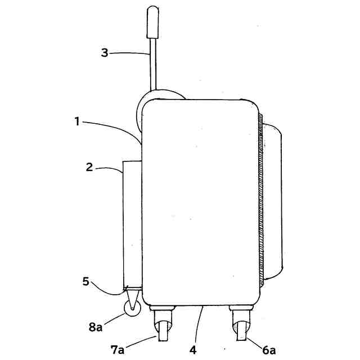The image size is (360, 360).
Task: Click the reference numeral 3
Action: [104, 53]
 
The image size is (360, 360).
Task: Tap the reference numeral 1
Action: [77, 120]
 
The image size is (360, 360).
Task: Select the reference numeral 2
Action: [89, 166]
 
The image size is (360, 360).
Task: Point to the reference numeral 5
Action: [86, 281]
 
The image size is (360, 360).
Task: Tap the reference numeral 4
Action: [193, 349]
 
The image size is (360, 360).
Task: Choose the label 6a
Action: [269, 350]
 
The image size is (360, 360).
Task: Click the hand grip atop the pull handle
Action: [152, 21]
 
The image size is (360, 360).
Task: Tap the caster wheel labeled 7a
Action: [163, 331]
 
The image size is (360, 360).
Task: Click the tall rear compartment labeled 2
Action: [132, 225]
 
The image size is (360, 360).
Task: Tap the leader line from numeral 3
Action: [129, 53]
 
